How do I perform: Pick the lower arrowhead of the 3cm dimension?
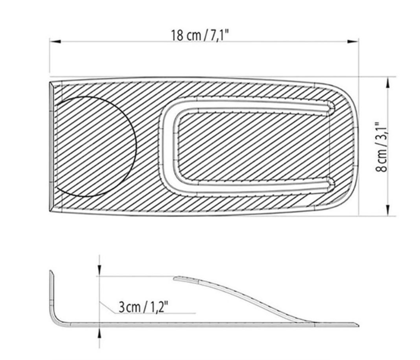[x=99, y=332]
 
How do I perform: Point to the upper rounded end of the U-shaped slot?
[x=329, y=108]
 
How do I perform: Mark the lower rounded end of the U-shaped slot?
[x=329, y=183]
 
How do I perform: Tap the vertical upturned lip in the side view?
[x=51, y=291]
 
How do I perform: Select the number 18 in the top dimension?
[x=178, y=35]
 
